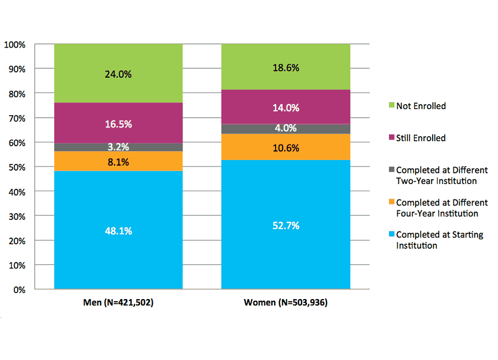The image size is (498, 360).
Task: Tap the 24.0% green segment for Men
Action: [118, 74]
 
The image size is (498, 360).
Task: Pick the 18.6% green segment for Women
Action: [286, 68]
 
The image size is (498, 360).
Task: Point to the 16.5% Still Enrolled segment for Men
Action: [118, 124]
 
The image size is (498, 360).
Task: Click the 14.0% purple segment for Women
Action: [286, 108]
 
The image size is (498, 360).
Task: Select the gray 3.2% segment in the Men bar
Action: [118, 147]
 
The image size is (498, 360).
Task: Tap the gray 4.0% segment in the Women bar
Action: [286, 128]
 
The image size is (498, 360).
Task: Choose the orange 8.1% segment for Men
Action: [118, 161]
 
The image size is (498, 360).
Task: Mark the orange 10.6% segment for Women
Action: [286, 147]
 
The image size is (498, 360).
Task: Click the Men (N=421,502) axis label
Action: [118, 303]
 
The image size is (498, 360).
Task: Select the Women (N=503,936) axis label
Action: [286, 303]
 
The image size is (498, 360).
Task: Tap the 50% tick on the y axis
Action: [17, 167]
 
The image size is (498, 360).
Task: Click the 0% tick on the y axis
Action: [19, 290]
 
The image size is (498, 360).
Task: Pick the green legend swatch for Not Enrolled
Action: [391, 106]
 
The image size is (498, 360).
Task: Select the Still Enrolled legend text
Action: [421, 138]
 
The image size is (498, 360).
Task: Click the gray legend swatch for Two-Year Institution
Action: [391, 171]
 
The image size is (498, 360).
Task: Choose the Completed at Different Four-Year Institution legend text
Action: [442, 208]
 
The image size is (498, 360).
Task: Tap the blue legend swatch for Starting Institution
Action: [391, 235]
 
